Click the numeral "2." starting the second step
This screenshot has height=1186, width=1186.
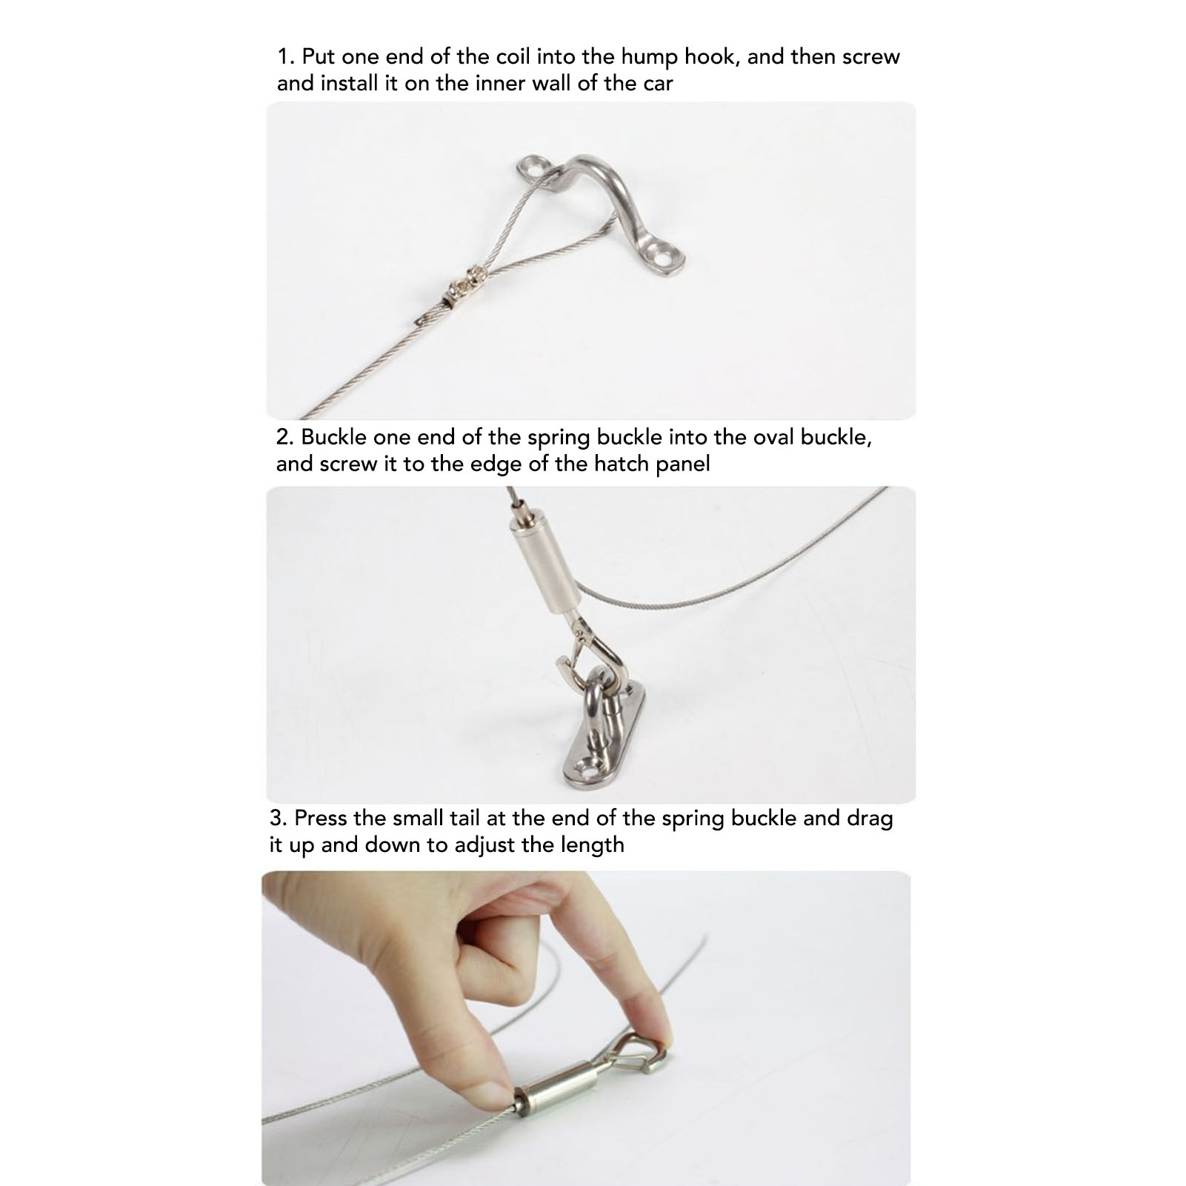285,436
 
